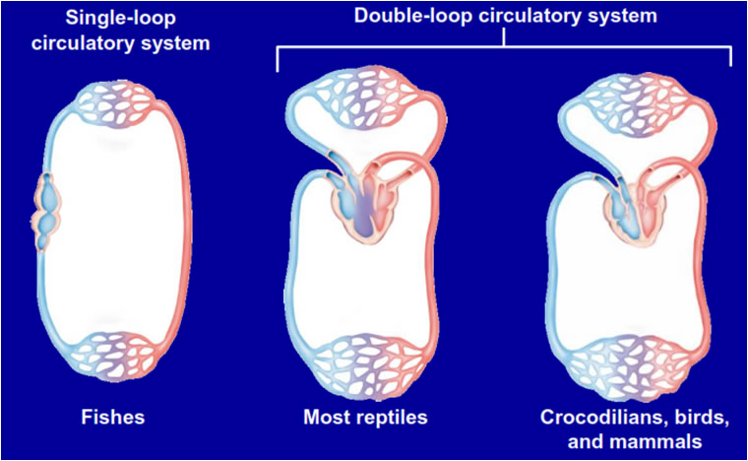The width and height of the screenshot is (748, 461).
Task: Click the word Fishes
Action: (112, 417)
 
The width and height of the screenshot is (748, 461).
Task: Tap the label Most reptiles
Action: (365, 417)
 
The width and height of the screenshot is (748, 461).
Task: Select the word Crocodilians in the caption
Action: (598, 417)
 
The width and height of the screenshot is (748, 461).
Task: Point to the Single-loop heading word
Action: (121, 18)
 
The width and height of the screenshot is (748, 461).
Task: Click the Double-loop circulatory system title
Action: (505, 16)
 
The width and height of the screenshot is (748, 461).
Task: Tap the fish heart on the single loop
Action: (47, 211)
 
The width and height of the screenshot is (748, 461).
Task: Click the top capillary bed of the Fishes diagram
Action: (115, 105)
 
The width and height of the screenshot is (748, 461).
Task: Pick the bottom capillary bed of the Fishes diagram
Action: (115, 356)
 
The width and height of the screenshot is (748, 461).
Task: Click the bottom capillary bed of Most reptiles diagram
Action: (367, 366)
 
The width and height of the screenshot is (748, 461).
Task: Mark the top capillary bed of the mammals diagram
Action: (637, 102)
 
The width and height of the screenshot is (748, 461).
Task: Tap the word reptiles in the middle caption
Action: (390, 417)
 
